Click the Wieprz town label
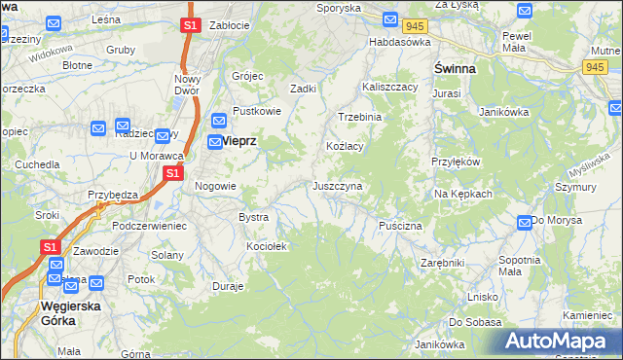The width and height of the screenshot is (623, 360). click(238, 140)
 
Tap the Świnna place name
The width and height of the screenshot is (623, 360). click(454, 68)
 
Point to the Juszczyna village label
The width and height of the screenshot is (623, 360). click(338, 185)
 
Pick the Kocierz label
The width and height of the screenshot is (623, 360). click(266, 246)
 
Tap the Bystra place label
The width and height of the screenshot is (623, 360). click(253, 217)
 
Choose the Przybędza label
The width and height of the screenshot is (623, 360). click(113, 194)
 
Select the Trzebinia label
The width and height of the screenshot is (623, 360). click(360, 116)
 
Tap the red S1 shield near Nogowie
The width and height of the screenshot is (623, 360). click(172, 173)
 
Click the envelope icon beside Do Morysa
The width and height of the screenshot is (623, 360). click(525, 222)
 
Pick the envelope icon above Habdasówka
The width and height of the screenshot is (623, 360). click(389, 19)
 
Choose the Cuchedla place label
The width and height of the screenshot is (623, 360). click(36, 164)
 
